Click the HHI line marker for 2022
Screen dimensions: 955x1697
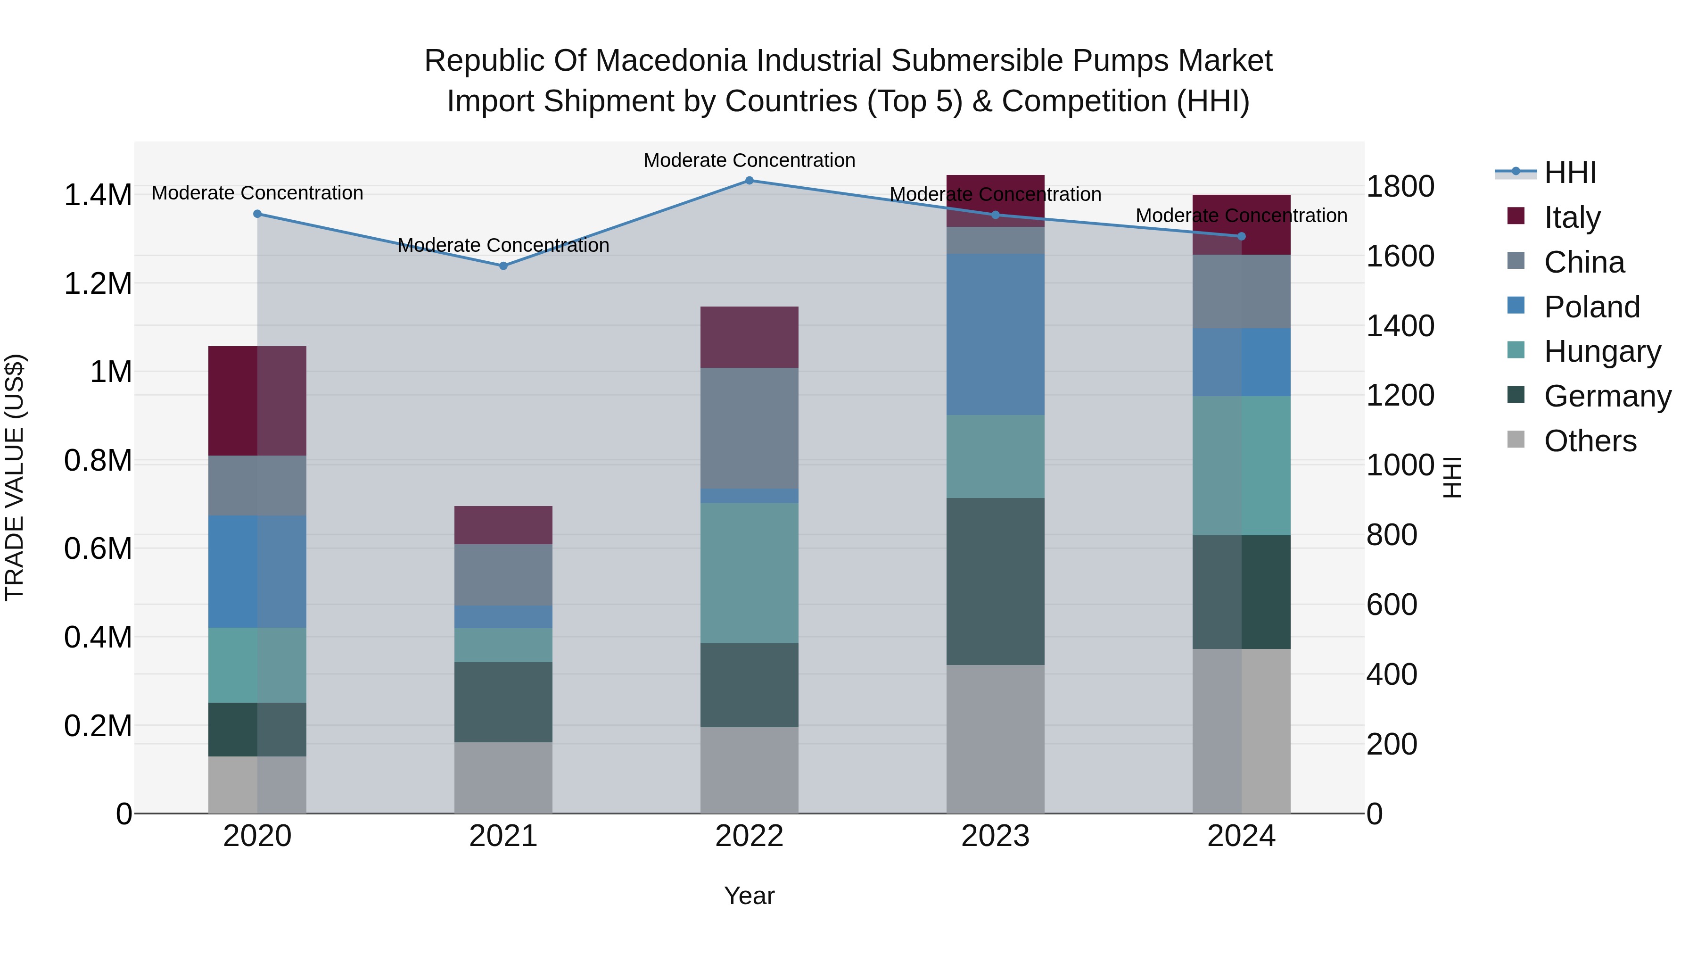(749, 181)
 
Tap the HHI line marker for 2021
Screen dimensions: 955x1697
(503, 266)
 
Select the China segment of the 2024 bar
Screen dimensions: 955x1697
(1241, 291)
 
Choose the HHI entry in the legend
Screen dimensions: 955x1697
(1570, 173)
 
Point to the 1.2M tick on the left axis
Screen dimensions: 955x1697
(98, 283)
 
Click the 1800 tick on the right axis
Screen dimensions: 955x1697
(1400, 186)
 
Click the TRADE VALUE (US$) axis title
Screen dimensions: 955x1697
(15, 477)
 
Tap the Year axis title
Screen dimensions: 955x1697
(749, 896)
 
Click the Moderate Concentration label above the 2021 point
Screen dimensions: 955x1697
(503, 245)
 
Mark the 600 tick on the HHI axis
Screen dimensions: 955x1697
(1392, 605)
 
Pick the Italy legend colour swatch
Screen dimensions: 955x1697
(1516, 216)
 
